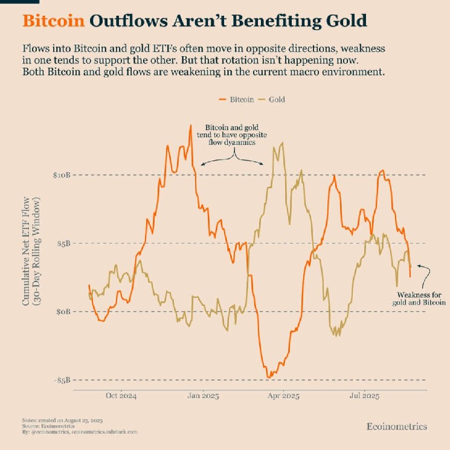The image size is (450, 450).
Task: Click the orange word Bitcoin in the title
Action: click(x=53, y=21)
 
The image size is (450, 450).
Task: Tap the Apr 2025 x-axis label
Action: click(x=283, y=397)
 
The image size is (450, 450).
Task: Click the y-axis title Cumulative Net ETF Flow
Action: click(x=27, y=251)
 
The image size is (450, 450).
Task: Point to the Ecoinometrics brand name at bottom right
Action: click(x=396, y=426)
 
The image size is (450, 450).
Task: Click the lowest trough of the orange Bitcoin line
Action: click(x=268, y=377)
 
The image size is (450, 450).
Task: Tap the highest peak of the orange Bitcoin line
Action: click(x=191, y=126)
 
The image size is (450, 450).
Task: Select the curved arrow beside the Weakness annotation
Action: click(x=425, y=275)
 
